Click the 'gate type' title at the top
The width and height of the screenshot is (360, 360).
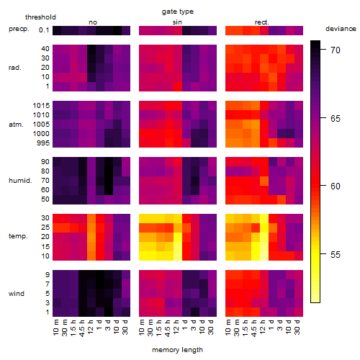(178, 12)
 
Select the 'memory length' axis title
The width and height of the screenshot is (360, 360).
(177, 350)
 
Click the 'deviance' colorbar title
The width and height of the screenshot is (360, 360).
(341, 29)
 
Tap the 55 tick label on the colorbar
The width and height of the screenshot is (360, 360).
(336, 254)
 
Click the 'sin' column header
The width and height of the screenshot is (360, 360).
(177, 22)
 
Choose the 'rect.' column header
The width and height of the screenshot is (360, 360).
(262, 22)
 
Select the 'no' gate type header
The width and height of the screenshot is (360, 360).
(93, 22)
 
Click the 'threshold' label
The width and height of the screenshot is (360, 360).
(40, 17)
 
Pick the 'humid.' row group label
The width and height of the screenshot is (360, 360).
(20, 181)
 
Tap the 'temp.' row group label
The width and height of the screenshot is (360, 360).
(18, 236)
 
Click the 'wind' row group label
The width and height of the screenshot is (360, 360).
(17, 294)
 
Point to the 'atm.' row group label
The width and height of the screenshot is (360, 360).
(16, 125)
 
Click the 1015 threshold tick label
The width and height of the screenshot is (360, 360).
(41, 106)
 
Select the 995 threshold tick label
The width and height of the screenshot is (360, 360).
(43, 143)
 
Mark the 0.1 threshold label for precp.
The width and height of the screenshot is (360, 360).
(44, 30)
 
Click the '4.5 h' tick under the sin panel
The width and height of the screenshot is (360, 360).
(168, 328)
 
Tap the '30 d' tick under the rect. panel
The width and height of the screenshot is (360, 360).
(297, 327)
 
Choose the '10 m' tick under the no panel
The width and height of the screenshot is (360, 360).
(55, 328)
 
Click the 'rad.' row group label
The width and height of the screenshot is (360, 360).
(15, 68)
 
